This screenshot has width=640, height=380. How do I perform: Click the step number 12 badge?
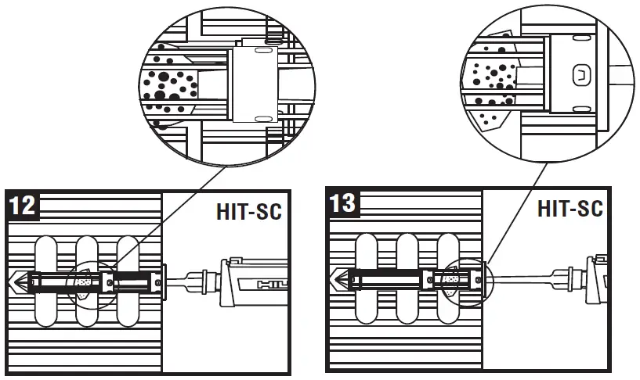(x=24, y=206)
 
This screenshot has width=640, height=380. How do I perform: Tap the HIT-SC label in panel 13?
(x=569, y=209)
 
